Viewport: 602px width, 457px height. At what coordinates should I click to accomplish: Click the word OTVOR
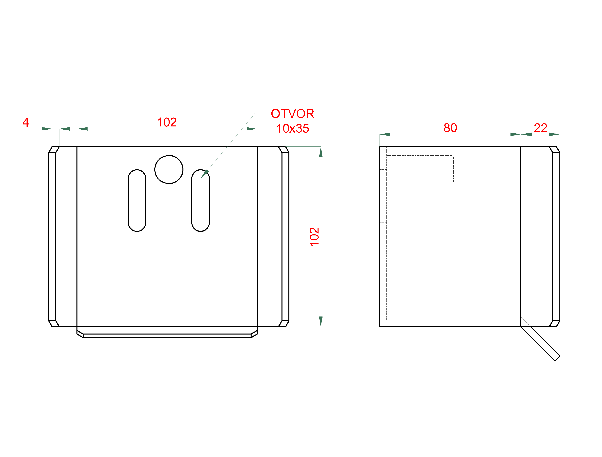pos(292,114)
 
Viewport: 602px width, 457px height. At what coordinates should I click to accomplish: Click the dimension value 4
pos(26,122)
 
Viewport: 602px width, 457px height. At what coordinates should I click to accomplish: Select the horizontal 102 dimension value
pos(167,122)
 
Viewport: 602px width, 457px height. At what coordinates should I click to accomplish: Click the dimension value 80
pos(450,128)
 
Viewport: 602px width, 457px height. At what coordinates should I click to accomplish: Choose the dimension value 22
pos(541,128)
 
